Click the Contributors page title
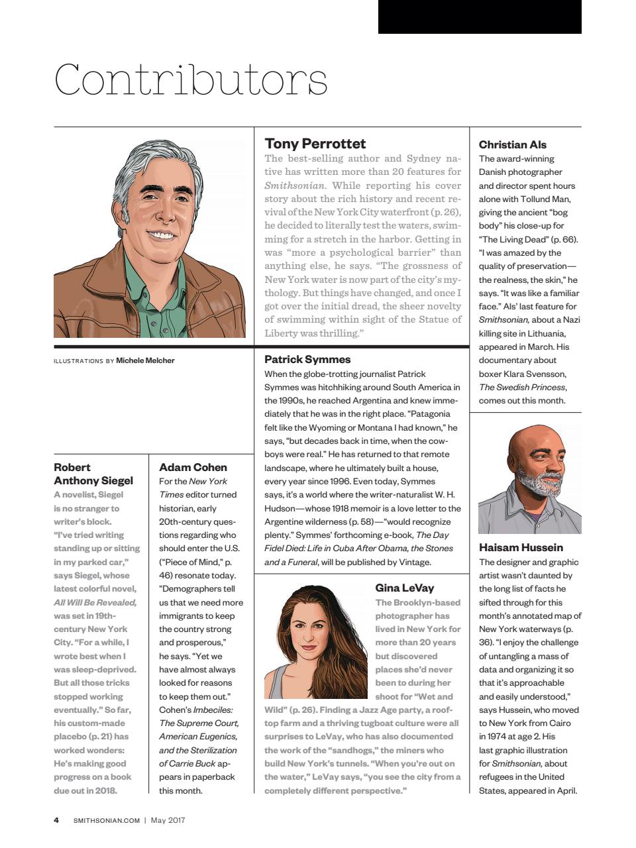191,80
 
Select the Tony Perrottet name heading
315,144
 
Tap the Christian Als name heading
512,144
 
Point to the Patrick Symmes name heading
307,359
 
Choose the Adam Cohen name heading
193,467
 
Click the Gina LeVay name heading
404,588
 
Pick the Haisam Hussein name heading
521,547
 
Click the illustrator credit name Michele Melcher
145,360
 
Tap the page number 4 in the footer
56,820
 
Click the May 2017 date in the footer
168,820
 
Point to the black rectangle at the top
479,17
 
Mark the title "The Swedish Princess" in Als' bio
522,387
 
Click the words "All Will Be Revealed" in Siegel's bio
95,602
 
